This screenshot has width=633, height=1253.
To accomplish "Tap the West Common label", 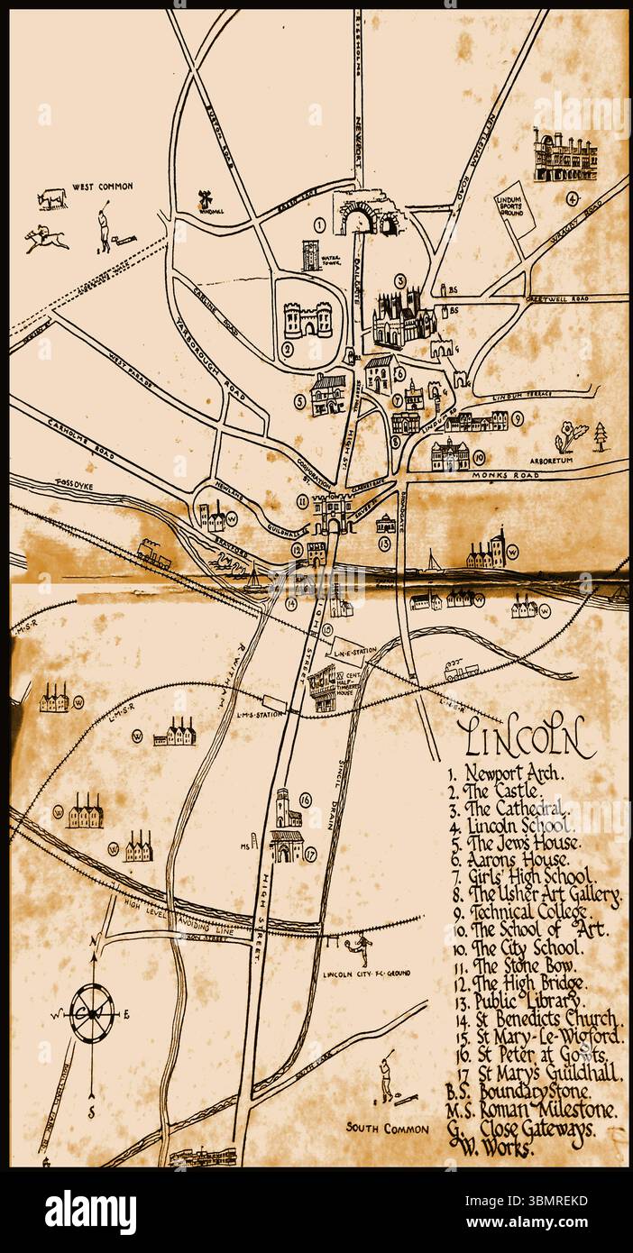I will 104,187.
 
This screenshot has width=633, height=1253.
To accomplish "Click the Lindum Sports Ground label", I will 511,205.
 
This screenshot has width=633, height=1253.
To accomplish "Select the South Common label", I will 383,1127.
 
